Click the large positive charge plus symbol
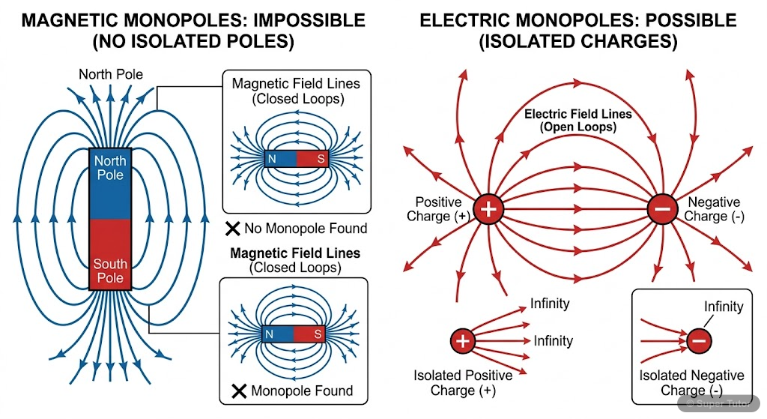click(488, 209)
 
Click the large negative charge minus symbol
click(662, 209)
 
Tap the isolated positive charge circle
click(463, 342)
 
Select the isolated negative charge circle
click(698, 342)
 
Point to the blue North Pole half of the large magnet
click(111, 184)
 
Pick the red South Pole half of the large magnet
click(111, 255)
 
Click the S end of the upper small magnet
click(312, 159)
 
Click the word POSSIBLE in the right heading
click(679, 20)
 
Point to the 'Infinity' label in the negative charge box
click(723, 307)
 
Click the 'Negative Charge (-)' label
click(713, 209)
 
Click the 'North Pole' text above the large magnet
click(110, 74)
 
